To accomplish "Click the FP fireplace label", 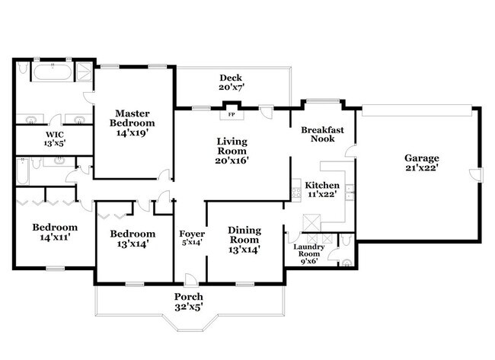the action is (232, 114).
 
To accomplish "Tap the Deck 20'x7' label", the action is (231, 82).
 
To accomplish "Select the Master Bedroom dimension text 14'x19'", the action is (133, 133).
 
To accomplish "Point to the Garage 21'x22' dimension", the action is (422, 167).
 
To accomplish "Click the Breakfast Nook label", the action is (322, 135).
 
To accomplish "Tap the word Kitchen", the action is (322, 185).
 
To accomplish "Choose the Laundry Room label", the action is (308, 250).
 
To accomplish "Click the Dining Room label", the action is (244, 235).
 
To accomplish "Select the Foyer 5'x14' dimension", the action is (192, 243).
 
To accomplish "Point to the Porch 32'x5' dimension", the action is (189, 307).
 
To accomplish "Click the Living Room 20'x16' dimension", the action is (232, 161).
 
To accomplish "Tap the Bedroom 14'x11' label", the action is (55, 232).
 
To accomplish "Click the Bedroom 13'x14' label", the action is (133, 238).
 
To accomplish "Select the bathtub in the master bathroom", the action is (53, 72).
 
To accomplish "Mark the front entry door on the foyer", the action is (191, 281).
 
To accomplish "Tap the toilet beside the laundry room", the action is (346, 240).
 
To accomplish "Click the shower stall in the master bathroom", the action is (85, 72).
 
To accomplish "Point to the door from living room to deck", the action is (266, 111).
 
